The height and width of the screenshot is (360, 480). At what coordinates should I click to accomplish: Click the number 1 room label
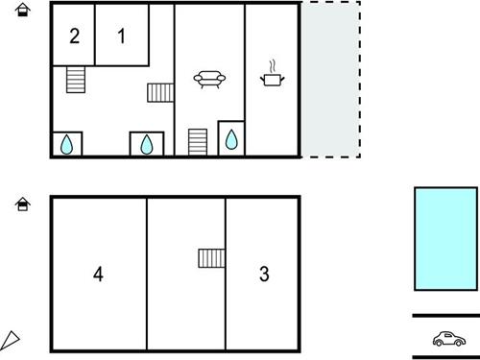tap(121, 36)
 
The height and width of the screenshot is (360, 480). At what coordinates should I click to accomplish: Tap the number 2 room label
tap(75, 36)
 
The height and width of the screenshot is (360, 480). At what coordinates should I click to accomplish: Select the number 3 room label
tap(264, 274)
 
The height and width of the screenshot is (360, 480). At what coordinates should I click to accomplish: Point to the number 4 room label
tap(98, 274)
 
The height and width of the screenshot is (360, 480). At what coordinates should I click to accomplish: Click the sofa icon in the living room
tap(209, 79)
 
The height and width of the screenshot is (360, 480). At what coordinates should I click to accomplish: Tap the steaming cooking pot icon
tap(272, 74)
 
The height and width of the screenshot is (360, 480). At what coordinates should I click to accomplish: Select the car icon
tap(449, 339)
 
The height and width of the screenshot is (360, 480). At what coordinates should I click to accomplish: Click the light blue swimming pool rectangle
tap(445, 239)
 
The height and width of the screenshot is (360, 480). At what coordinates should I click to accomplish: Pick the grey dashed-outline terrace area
tap(331, 80)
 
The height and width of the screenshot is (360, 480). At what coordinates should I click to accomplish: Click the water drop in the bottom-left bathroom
tap(66, 145)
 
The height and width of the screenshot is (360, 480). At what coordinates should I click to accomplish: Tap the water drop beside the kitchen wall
tap(231, 139)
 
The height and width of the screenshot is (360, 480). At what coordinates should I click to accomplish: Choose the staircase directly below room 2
tap(76, 80)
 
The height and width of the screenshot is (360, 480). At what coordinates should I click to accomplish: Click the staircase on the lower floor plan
tap(211, 258)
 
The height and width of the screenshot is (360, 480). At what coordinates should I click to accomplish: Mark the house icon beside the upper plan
tap(23, 10)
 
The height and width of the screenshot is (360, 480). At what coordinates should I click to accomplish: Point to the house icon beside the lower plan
tap(23, 204)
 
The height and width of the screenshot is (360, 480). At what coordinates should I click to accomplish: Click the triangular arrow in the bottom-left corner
tap(10, 341)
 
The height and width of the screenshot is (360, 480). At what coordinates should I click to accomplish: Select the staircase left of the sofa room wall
tap(160, 93)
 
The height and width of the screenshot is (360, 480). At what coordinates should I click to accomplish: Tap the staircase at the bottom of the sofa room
tap(198, 142)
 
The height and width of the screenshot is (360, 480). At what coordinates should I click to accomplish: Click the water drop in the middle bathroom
tap(147, 144)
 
